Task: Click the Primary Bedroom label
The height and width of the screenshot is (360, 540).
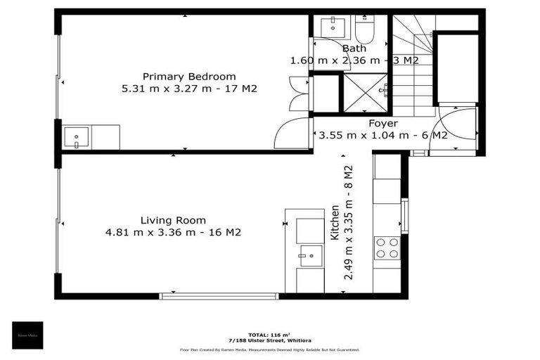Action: pyautogui.click(x=189, y=77)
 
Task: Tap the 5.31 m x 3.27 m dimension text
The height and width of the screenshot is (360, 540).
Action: pyautogui.click(x=189, y=89)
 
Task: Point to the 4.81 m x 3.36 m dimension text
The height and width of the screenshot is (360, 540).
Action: pyautogui.click(x=173, y=233)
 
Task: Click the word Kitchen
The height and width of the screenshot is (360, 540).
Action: pyautogui.click(x=335, y=223)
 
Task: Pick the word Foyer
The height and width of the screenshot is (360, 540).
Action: pyautogui.click(x=383, y=124)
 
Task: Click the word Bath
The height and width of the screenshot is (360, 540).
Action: pyautogui.click(x=354, y=49)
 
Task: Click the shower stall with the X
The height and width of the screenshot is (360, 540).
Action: pyautogui.click(x=365, y=93)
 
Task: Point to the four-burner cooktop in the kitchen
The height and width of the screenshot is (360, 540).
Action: pyautogui.click(x=387, y=247)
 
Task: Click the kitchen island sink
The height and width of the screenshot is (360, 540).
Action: pyautogui.click(x=310, y=255)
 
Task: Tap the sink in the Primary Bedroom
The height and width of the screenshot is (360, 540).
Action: pyautogui.click(x=76, y=136)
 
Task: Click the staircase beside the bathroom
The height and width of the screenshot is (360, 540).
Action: pyautogui.click(x=413, y=70)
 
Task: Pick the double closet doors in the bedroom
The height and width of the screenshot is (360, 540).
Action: pyautogui.click(x=299, y=94)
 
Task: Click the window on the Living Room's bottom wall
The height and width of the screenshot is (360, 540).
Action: pyautogui.click(x=219, y=296)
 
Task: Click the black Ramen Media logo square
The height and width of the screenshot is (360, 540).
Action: pyautogui.click(x=27, y=335)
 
